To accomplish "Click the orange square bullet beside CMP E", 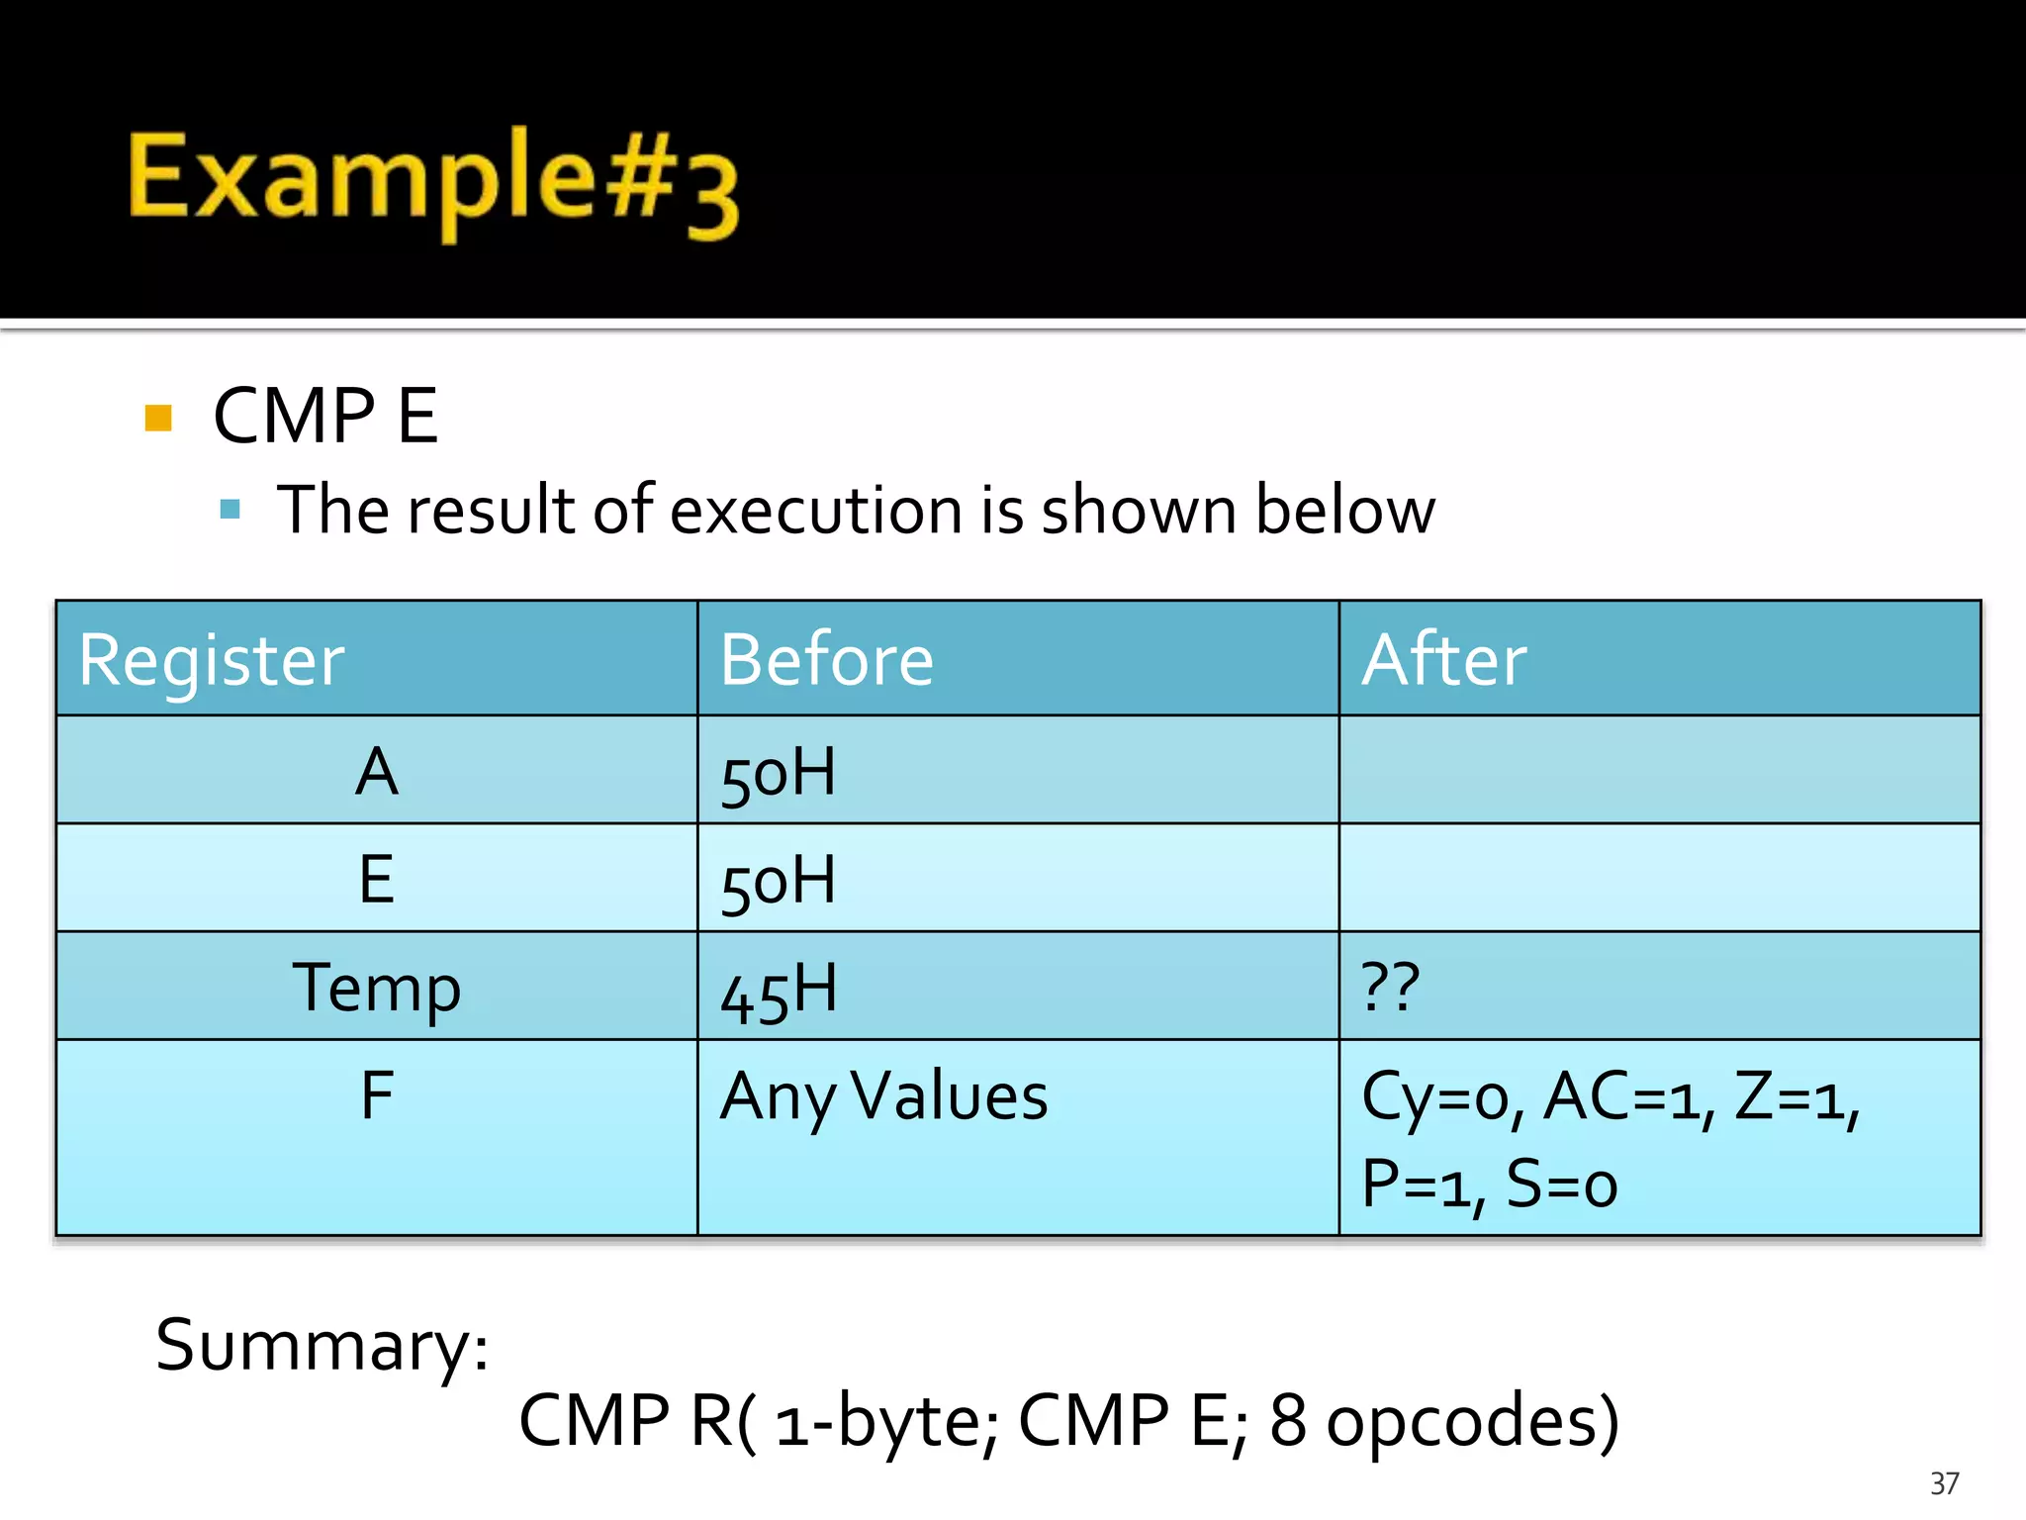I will point(158,418).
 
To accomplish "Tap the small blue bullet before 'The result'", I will point(230,510).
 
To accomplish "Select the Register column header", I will point(212,660).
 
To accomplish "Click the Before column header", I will point(826,660).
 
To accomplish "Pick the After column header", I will point(1443,660).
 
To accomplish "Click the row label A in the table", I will point(377,772).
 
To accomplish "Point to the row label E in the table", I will point(377,879).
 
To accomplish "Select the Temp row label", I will point(377,988).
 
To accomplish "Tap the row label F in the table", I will point(377,1095).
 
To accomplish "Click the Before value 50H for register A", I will point(779,774).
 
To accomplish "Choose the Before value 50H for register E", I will point(779,881).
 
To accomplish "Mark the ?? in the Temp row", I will point(1391,987).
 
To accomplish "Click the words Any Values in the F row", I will point(883,1097).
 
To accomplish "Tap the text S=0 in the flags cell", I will point(1561,1185).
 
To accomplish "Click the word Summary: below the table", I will point(322,1347).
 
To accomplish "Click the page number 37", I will point(1944,1483).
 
